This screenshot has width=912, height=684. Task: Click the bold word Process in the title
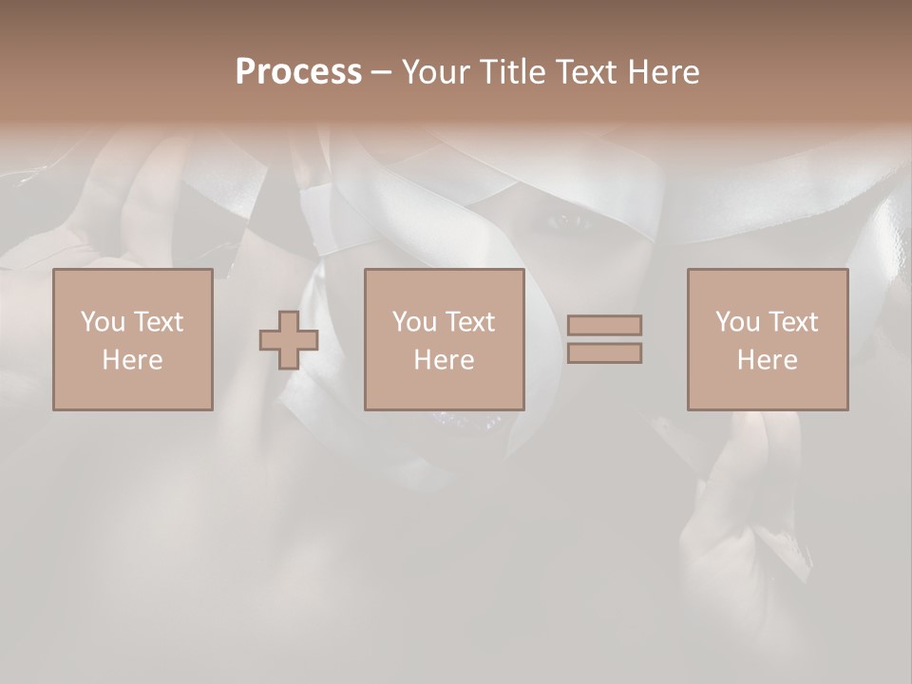pyautogui.click(x=298, y=72)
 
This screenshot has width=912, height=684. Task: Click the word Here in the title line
pyautogui.click(x=664, y=72)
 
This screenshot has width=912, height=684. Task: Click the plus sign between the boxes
pyautogui.click(x=289, y=340)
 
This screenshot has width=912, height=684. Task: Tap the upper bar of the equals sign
pyautogui.click(x=604, y=325)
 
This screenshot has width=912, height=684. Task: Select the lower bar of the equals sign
pyautogui.click(x=604, y=353)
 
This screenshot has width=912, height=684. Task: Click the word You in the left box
pyautogui.click(x=104, y=322)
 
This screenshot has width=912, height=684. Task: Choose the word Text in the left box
pyautogui.click(x=159, y=322)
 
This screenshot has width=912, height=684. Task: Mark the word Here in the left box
pyautogui.click(x=132, y=360)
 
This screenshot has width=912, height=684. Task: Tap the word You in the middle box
pyautogui.click(x=415, y=322)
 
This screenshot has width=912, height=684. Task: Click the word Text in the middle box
pyautogui.click(x=470, y=322)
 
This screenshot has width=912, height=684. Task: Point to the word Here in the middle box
pyautogui.click(x=444, y=360)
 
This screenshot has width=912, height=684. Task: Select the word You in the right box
pyautogui.click(x=738, y=322)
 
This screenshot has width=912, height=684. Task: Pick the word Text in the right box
pyautogui.click(x=793, y=322)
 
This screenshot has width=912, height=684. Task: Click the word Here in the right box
pyautogui.click(x=767, y=360)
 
